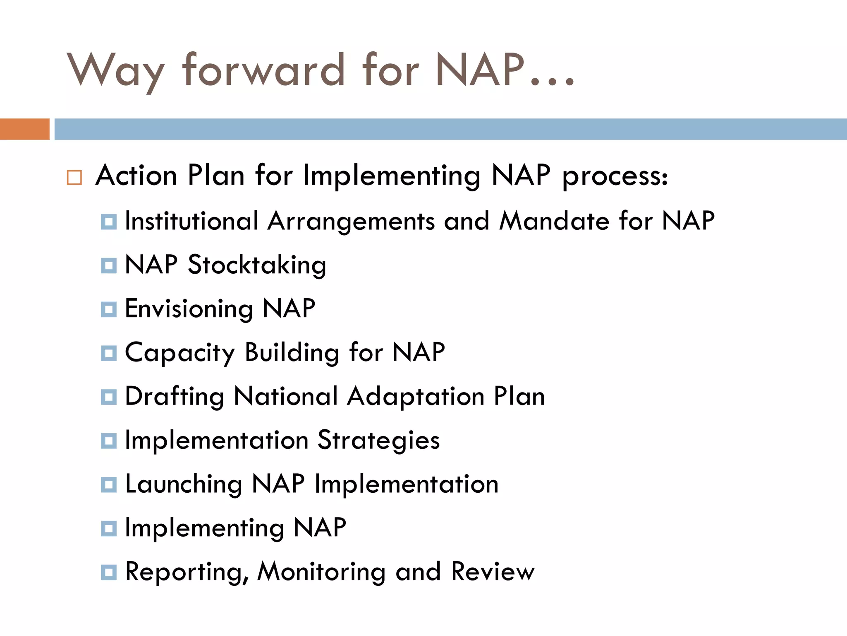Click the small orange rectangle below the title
[x=24, y=129]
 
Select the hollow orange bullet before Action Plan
[x=74, y=177]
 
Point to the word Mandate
[x=554, y=221]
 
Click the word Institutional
[x=191, y=221]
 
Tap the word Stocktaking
[x=257, y=265]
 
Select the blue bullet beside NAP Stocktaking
[x=109, y=265]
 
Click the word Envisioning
[x=189, y=309]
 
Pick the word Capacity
[x=180, y=353]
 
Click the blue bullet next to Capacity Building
[x=109, y=354]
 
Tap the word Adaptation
[x=416, y=397]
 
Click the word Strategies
[x=378, y=441]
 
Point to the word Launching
[x=184, y=484]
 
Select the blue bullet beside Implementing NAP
[x=109, y=528]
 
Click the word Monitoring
[x=321, y=572]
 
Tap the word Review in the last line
[x=493, y=572]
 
